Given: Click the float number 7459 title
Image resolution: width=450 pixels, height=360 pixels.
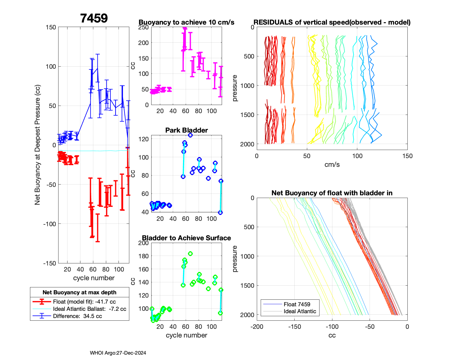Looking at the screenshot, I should click(94, 18).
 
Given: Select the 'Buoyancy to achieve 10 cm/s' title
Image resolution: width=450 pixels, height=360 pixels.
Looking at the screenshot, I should click(186, 22).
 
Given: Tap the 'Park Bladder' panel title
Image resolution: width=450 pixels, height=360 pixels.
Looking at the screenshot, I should click(187, 130).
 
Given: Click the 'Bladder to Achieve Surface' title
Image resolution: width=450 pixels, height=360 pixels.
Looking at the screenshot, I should click(186, 238).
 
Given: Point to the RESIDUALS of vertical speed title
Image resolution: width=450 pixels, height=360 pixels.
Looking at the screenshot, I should click(332, 22).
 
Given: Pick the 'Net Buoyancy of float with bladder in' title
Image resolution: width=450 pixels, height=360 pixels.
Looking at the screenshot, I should click(332, 193).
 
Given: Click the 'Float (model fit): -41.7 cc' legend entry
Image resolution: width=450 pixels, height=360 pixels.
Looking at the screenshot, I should click(84, 302).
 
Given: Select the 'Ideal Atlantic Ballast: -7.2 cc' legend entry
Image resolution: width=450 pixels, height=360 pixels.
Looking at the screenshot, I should click(89, 309).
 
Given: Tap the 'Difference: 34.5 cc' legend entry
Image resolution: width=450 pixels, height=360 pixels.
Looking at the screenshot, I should click(77, 316).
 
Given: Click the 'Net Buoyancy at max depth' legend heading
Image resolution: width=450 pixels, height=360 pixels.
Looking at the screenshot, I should click(79, 292).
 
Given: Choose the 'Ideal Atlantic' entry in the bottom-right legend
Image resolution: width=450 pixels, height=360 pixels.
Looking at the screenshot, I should click(300, 311).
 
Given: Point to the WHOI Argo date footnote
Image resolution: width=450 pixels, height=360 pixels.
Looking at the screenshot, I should click(118, 353).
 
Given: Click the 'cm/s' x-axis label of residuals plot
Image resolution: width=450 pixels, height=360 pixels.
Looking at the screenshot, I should click(332, 165).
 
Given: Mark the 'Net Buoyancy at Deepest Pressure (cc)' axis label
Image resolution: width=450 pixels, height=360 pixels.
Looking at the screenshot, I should click(37, 145).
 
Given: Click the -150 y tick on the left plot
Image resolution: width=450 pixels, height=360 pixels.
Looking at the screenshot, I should click(50, 263).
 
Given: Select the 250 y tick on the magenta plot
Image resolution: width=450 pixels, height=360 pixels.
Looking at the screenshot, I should click(143, 27).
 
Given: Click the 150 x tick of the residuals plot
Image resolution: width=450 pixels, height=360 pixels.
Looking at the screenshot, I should click(407, 156).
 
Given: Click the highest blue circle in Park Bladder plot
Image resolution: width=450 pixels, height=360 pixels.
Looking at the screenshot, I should click(190, 135).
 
